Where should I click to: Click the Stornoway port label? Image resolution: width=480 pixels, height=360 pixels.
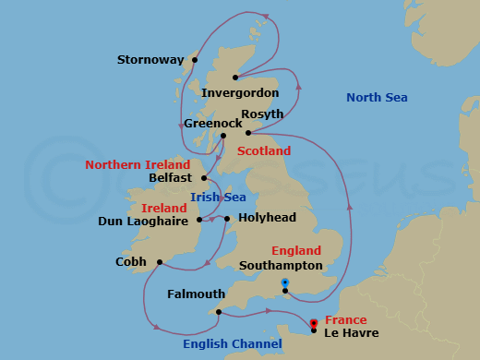[x=150, y=60]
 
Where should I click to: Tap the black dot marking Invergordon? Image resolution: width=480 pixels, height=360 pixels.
[x=235, y=78]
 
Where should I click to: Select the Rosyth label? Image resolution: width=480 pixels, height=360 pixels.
[x=261, y=114]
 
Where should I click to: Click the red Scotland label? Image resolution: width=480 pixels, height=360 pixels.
[x=263, y=150]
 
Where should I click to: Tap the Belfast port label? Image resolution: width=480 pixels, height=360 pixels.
[x=169, y=177]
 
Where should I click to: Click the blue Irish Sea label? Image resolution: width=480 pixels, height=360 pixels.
[x=218, y=197]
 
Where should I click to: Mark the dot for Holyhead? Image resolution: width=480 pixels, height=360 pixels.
[x=227, y=219]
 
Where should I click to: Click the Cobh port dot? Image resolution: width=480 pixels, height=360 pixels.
[x=161, y=261]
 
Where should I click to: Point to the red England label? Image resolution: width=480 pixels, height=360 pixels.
[x=296, y=250]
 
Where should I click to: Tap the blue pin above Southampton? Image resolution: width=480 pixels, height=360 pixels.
[x=285, y=282]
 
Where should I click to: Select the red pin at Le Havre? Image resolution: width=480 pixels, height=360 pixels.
[x=314, y=323]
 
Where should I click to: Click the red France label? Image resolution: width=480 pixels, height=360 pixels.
[x=346, y=320]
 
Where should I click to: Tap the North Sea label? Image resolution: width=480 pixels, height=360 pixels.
[x=377, y=98]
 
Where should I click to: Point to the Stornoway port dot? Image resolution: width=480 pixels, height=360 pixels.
[x=195, y=60]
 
